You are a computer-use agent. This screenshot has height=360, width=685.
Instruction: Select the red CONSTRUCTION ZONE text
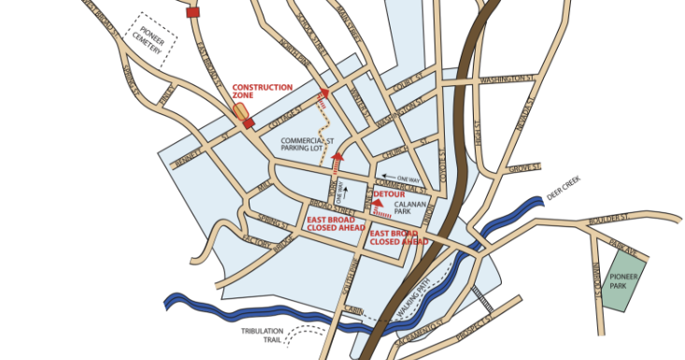point(262,92)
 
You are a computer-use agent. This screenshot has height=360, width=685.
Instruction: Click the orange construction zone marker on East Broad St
point(241,112)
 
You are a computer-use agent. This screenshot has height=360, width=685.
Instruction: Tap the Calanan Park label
point(407,209)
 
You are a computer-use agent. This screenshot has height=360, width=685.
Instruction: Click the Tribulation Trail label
point(261,335)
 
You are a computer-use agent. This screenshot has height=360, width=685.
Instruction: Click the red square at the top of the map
point(193,12)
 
